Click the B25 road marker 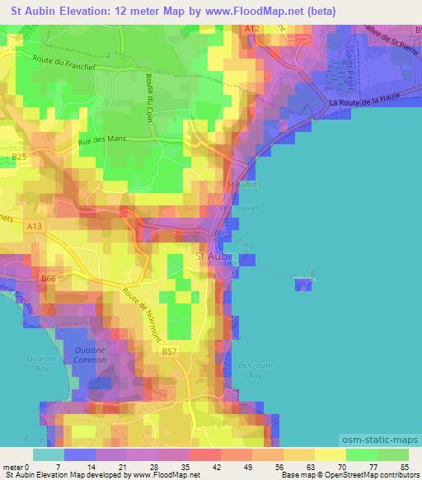pyautogui.click(x=20, y=155)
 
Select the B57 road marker pyautogui.click(x=169, y=351)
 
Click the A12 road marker pyautogui.click(x=251, y=29)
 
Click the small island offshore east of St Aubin pyautogui.click(x=303, y=285)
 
